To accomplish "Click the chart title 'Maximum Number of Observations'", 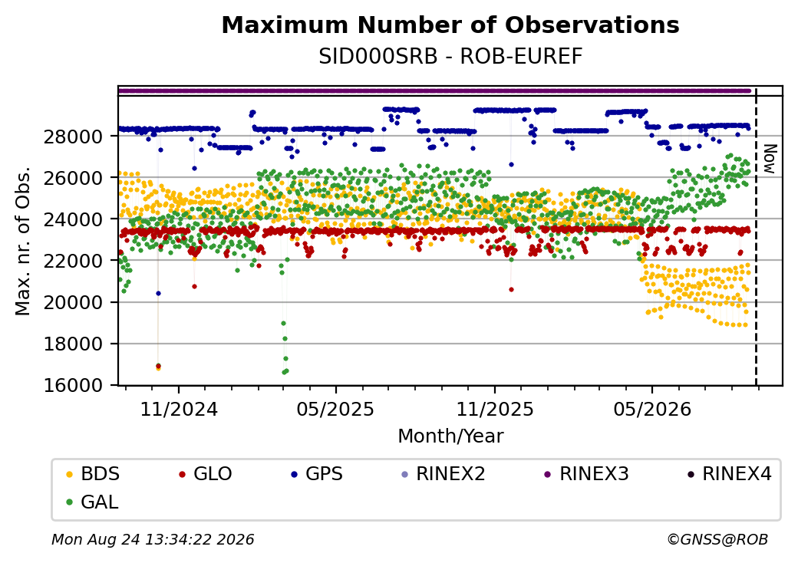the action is coord(450,25).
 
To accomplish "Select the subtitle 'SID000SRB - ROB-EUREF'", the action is coord(450,57).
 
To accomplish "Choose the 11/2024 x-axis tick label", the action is coord(179,410).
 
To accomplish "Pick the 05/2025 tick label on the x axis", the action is coord(335,410).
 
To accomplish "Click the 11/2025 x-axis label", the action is coord(495,410).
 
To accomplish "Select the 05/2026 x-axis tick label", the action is coord(652,410).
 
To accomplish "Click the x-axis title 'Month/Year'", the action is coord(450,436).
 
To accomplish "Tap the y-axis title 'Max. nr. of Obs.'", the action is coord(23,241).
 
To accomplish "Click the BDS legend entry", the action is coord(93,474).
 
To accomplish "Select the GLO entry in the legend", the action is coord(206,474).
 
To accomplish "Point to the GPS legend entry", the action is coord(317,474).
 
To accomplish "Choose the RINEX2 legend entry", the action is coord(444,474).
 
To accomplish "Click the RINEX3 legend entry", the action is coord(587,474).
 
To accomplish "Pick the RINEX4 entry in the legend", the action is coord(730,474).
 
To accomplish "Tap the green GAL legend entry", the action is coord(93,502).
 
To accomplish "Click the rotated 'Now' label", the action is coord(770,160).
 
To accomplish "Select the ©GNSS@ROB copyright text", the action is coord(717,539).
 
